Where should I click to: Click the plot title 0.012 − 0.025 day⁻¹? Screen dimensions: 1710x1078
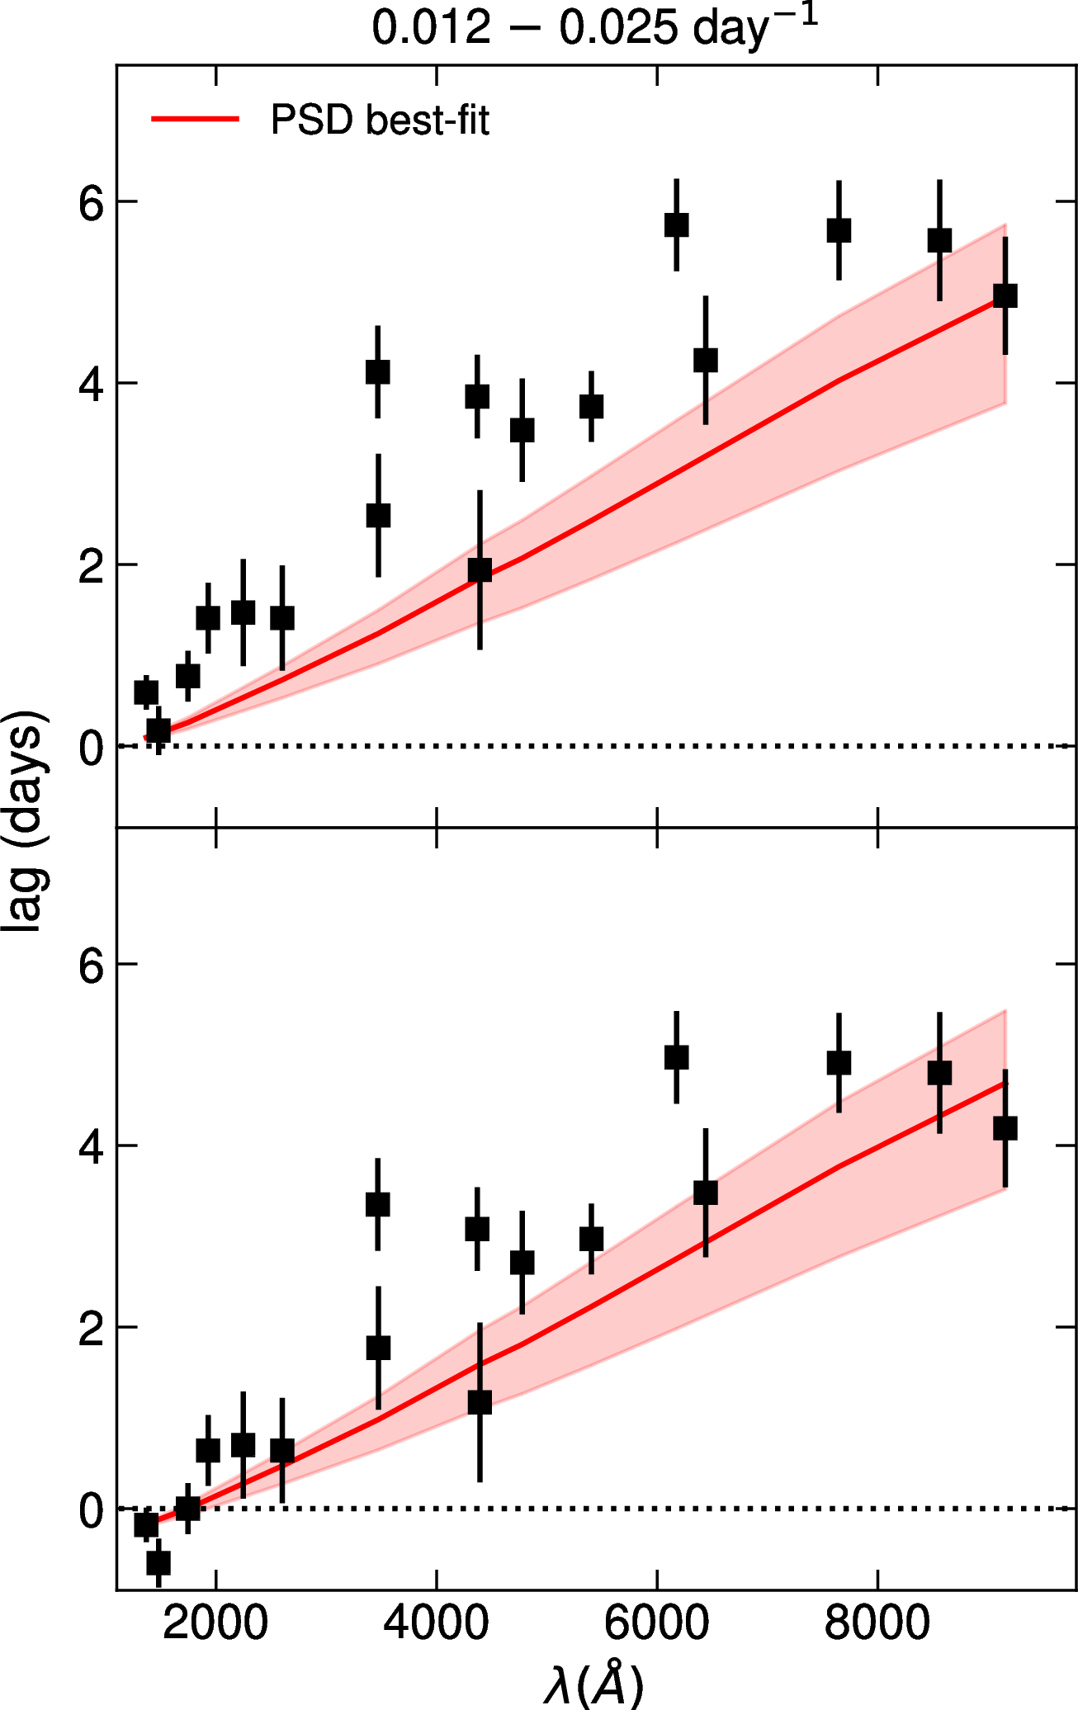[x=594, y=28]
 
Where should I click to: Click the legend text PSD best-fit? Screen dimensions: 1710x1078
[x=380, y=120]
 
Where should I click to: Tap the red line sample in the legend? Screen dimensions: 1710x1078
[x=195, y=120]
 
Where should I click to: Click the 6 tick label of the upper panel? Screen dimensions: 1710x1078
[x=91, y=202]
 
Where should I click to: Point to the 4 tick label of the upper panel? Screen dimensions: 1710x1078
[x=91, y=384]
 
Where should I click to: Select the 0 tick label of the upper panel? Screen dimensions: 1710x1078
[x=91, y=747]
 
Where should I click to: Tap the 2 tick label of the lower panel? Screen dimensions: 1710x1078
[x=91, y=1328]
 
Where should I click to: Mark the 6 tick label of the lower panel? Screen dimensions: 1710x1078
[x=91, y=965]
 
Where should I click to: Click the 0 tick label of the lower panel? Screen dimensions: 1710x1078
[x=91, y=1509]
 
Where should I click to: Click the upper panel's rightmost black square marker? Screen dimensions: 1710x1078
[x=1005, y=295]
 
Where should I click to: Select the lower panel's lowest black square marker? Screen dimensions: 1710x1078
[x=158, y=1562]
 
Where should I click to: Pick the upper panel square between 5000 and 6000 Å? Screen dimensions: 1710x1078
[x=591, y=407]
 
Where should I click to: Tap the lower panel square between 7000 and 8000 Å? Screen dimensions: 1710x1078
[x=839, y=1063]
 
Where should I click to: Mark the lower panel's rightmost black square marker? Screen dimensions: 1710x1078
[x=1005, y=1128]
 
